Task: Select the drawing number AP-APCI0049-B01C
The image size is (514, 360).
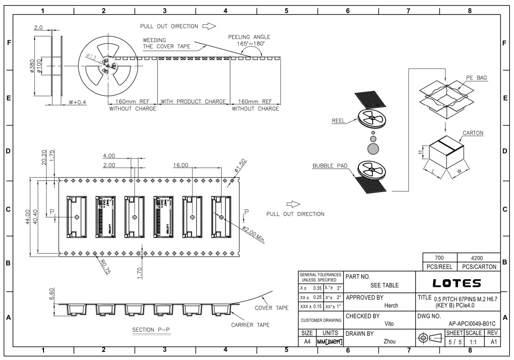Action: [x=469, y=324]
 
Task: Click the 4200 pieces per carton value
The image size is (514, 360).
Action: [x=479, y=257]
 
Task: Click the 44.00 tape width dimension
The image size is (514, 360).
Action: [x=28, y=218]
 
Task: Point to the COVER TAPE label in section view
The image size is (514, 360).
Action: [x=271, y=307]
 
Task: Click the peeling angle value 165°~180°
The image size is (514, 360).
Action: [x=249, y=43]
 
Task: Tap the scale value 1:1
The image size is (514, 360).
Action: [x=475, y=342]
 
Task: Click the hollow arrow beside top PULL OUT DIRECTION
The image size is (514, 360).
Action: [x=210, y=25]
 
